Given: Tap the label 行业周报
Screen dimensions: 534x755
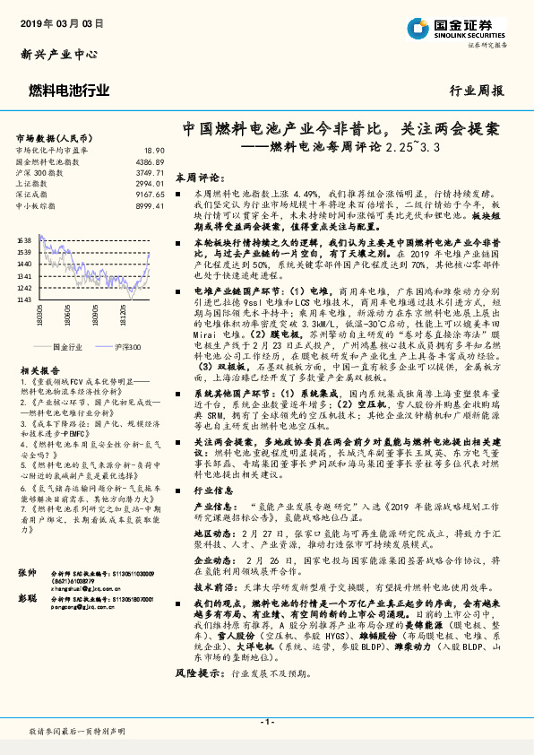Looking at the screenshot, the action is (477, 91).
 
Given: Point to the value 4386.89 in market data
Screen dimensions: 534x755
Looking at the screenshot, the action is (150, 161).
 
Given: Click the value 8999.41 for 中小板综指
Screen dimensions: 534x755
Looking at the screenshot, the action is (150, 204).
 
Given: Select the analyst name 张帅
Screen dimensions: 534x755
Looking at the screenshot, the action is (27, 597).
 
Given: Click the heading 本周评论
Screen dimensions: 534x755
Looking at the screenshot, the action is (195, 178).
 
